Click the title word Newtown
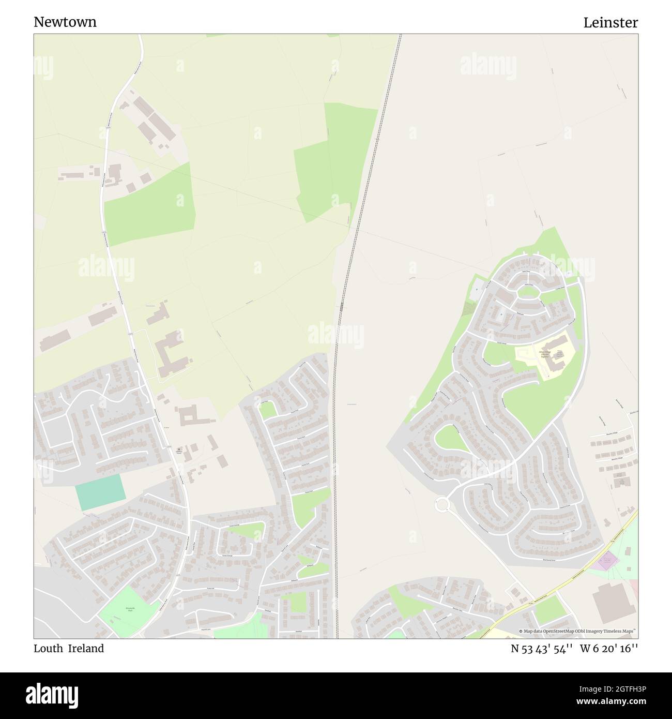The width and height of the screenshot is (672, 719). click(x=65, y=22)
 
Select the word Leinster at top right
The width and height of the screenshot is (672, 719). click(x=610, y=23)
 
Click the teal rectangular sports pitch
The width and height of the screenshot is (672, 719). click(x=100, y=489)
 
